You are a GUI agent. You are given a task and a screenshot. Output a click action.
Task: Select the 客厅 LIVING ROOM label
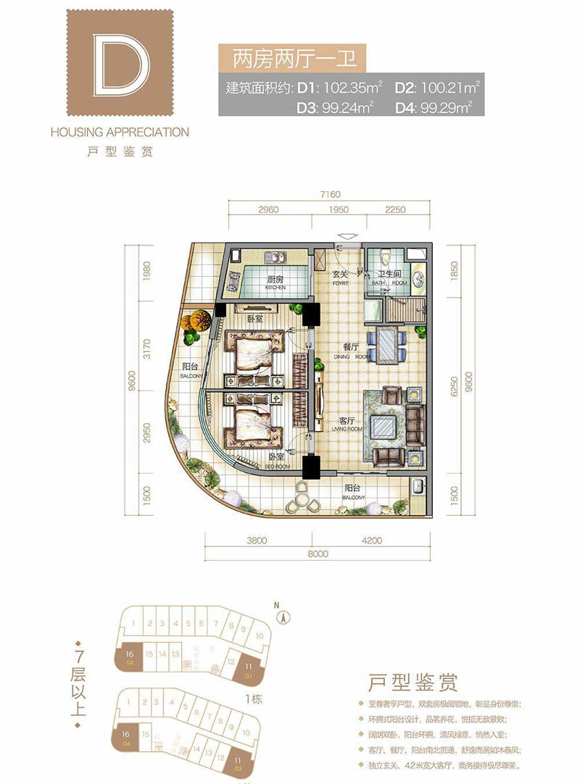(346, 423)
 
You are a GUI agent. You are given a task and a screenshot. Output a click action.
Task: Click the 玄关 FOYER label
(341, 278)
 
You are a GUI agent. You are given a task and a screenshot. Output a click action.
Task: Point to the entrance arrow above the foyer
(347, 235)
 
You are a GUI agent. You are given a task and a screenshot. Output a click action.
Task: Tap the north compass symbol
(285, 617)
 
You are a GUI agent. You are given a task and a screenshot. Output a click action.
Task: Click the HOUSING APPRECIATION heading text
(120, 133)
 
